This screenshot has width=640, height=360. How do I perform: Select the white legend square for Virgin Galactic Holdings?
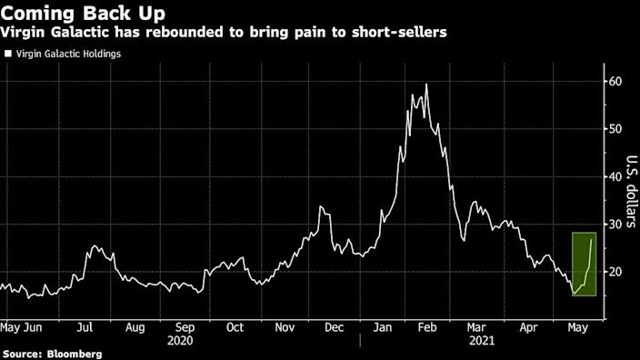(7, 54)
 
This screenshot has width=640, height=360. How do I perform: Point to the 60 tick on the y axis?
(615, 82)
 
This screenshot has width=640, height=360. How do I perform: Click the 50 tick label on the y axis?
(615, 129)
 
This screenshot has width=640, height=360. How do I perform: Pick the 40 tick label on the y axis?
(615, 176)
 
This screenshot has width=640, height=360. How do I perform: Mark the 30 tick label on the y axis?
(615, 225)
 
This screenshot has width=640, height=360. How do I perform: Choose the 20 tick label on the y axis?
(615, 272)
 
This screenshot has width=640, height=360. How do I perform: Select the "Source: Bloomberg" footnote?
(52, 353)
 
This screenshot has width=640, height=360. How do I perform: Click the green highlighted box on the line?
(584, 264)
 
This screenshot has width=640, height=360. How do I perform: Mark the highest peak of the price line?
(426, 85)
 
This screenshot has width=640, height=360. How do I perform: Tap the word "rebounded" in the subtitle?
(189, 33)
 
